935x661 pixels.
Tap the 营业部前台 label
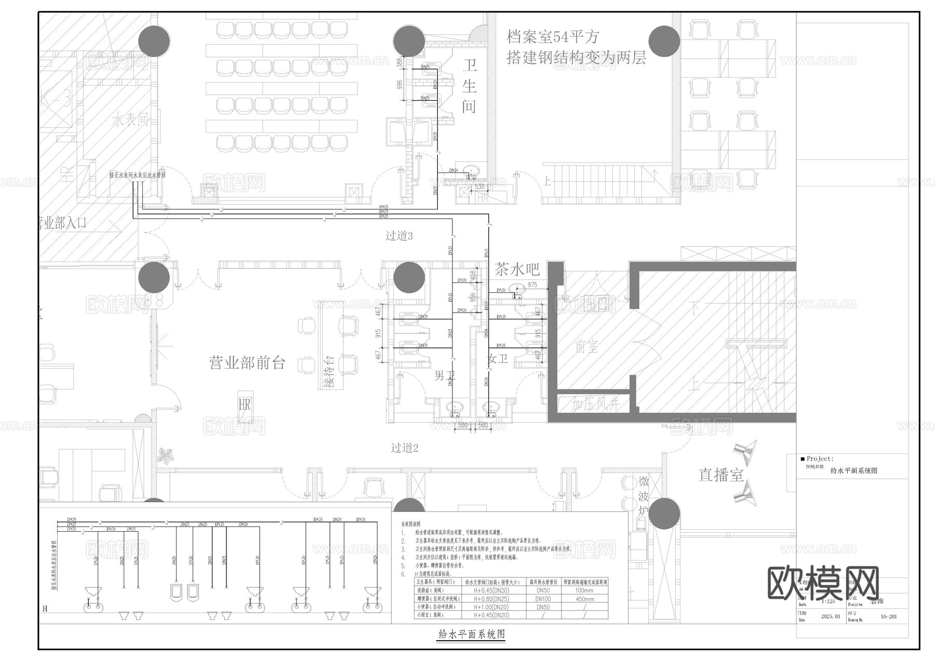pos(247,362)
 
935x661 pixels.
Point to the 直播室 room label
pos(720,475)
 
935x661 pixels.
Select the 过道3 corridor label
pos(399,236)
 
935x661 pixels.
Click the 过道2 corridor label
pos(404,448)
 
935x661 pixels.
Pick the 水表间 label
pos(130,120)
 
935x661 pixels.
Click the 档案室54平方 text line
pos(553,37)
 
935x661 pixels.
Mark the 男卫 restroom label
pos(445,375)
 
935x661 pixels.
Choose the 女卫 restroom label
pos(497,359)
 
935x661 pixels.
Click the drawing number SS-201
pos(888,617)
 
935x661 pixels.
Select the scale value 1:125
pos(829,601)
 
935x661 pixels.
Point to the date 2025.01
pos(830,617)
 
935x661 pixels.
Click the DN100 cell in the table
pos(543,599)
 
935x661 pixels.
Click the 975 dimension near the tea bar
pos(532,285)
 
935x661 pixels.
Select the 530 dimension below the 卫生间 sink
pos(479,186)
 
